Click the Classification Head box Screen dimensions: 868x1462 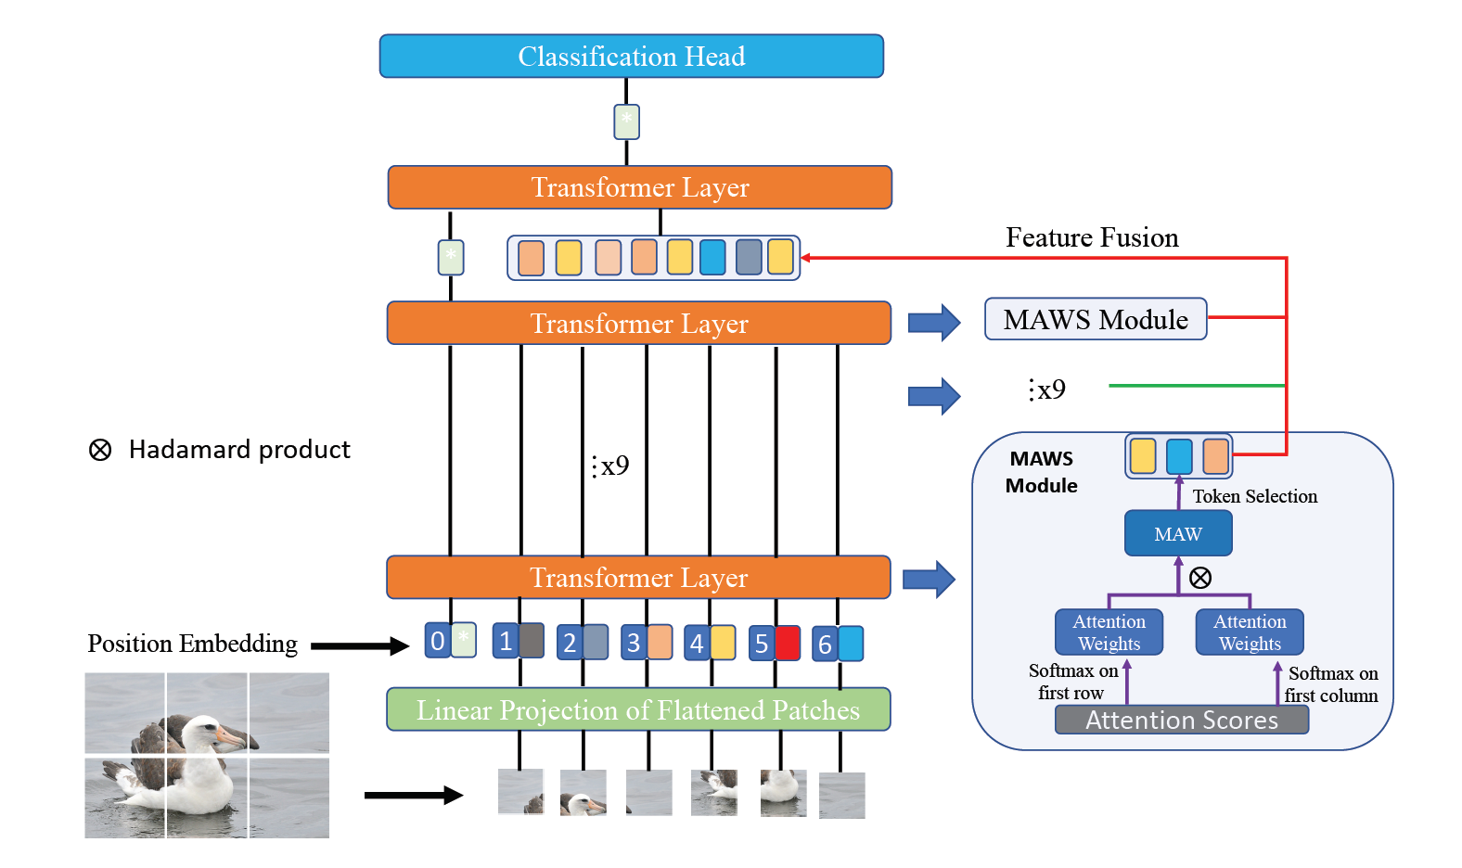point(631,56)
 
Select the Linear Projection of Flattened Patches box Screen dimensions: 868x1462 point(637,709)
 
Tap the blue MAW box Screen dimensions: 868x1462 point(1178,533)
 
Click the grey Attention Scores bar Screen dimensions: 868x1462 point(1181,720)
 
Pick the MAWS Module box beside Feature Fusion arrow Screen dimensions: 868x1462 point(1095,319)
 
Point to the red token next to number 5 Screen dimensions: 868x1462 point(788,643)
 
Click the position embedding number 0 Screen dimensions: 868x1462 point(437,641)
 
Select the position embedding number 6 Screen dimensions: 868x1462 point(825,645)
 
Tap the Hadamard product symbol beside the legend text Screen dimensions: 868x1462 point(100,450)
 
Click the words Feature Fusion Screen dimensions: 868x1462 point(1092,237)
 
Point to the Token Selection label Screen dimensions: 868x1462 point(1254,496)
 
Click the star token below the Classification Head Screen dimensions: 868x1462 point(627,121)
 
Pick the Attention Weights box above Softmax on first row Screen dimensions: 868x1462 point(1109,632)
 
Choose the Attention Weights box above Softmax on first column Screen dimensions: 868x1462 point(1250,632)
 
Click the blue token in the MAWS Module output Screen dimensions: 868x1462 point(1179,456)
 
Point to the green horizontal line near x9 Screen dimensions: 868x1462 point(1197,385)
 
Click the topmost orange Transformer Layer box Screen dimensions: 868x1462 point(639,187)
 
